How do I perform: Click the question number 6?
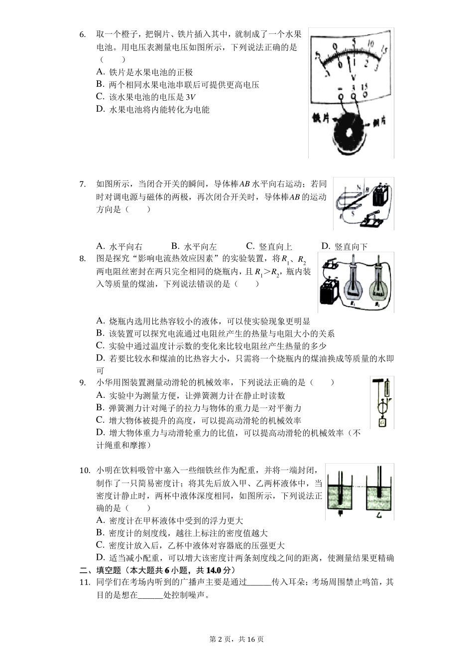click(83, 35)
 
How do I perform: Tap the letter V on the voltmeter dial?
click(353, 77)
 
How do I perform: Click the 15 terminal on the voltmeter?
click(365, 94)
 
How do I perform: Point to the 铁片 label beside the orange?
click(320, 119)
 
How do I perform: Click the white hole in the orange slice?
click(349, 133)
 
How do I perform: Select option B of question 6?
click(100, 84)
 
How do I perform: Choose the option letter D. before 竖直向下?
click(326, 246)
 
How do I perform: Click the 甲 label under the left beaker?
click(340, 514)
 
